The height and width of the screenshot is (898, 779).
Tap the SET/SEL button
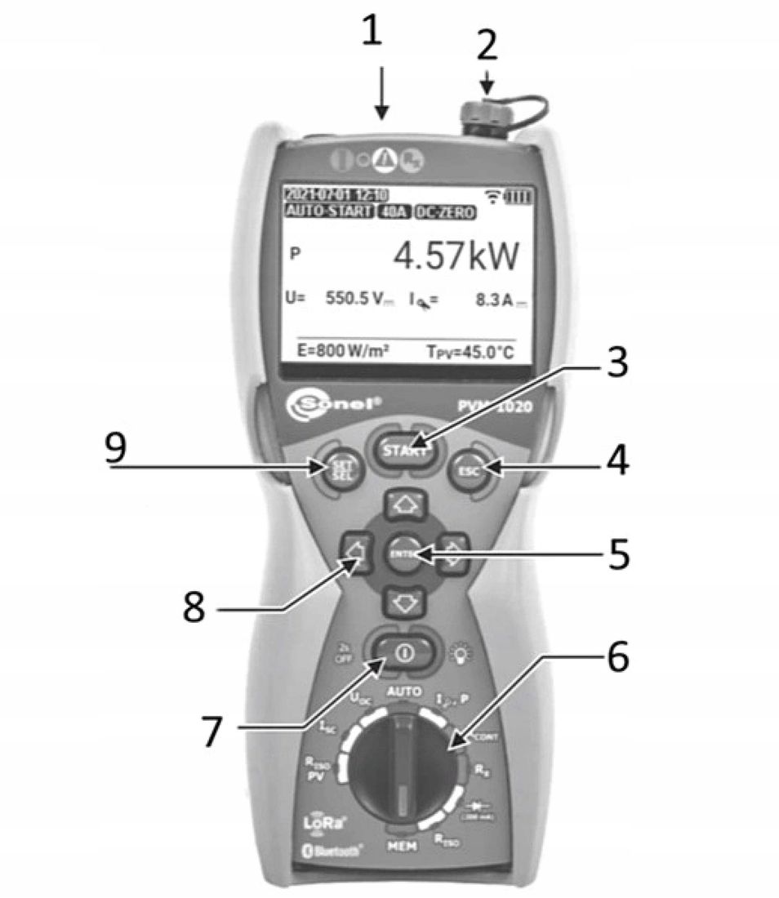click(x=339, y=470)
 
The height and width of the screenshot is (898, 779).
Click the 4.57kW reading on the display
click(x=456, y=257)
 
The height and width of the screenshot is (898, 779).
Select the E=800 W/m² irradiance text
click(x=336, y=352)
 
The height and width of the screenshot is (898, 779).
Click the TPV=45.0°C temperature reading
click(x=471, y=352)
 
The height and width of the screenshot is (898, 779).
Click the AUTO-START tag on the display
click(x=327, y=211)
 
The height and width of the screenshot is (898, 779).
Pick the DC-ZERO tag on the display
click(x=445, y=211)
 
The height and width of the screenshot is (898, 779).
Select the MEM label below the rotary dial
click(x=403, y=847)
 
